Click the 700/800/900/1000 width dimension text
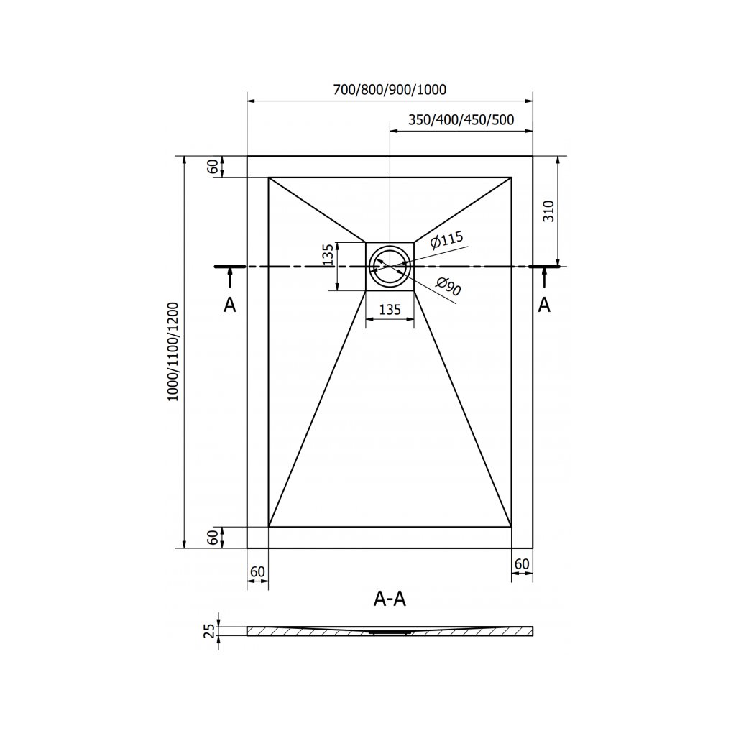point(390,90)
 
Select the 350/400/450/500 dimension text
point(461,120)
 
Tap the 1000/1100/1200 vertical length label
point(172,351)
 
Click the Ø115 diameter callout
point(446,241)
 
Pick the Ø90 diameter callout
point(448,287)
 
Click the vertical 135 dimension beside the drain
point(328,256)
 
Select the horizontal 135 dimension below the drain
point(390,310)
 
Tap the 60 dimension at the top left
point(213,166)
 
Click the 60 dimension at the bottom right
point(522,563)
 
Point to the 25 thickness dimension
point(209,631)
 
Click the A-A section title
point(390,599)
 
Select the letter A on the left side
point(229,305)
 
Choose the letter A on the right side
point(544,305)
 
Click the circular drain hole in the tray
point(390,266)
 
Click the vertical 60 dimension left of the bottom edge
point(213,537)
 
